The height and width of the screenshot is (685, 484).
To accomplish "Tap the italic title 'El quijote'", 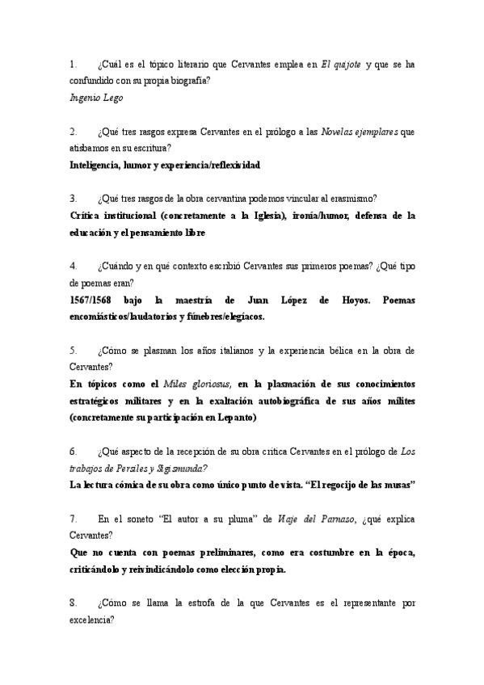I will tap(341, 64).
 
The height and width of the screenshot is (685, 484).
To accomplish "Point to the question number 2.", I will tap(73, 132).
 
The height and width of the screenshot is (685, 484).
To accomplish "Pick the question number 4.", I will tap(73, 267).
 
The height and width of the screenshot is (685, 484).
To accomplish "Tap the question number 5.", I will tap(73, 351).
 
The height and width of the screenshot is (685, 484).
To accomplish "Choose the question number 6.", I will tap(73, 451).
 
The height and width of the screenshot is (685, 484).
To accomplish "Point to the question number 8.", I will tap(73, 603).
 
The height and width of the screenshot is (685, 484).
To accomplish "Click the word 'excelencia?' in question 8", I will tap(92, 620).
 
